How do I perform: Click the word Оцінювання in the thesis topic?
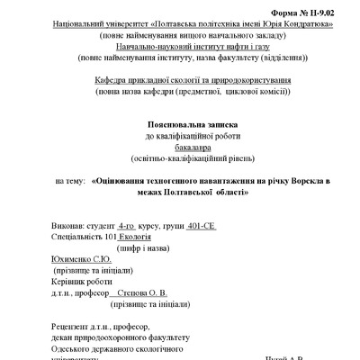(129, 181)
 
